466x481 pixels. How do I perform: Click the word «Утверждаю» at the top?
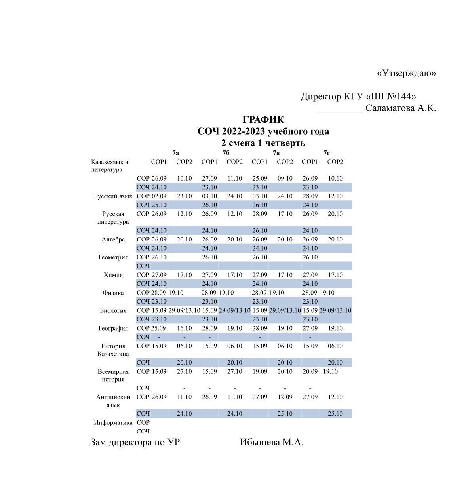(x=406, y=73)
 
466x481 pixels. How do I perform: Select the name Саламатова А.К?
(x=400, y=108)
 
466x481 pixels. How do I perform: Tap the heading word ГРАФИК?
(x=263, y=120)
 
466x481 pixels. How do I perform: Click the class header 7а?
(x=175, y=153)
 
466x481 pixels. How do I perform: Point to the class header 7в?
(x=276, y=153)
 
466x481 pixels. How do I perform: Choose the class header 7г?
(x=327, y=153)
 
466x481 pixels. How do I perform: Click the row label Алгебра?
(x=113, y=240)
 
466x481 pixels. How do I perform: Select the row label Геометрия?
(x=113, y=257)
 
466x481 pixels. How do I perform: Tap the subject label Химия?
(x=113, y=275)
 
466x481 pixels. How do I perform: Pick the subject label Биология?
(x=113, y=311)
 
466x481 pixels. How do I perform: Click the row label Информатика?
(x=113, y=423)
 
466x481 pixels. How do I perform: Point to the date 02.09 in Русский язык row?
(x=159, y=196)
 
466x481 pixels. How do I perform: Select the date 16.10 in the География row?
(x=184, y=329)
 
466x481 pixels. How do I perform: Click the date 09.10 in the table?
(x=285, y=179)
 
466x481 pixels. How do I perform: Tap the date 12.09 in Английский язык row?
(x=285, y=397)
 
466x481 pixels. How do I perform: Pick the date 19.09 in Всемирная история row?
(x=260, y=372)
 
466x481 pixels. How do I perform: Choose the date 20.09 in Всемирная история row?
(x=310, y=372)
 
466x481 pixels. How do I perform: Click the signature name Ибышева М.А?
(x=272, y=443)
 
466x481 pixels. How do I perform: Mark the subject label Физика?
(x=113, y=293)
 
